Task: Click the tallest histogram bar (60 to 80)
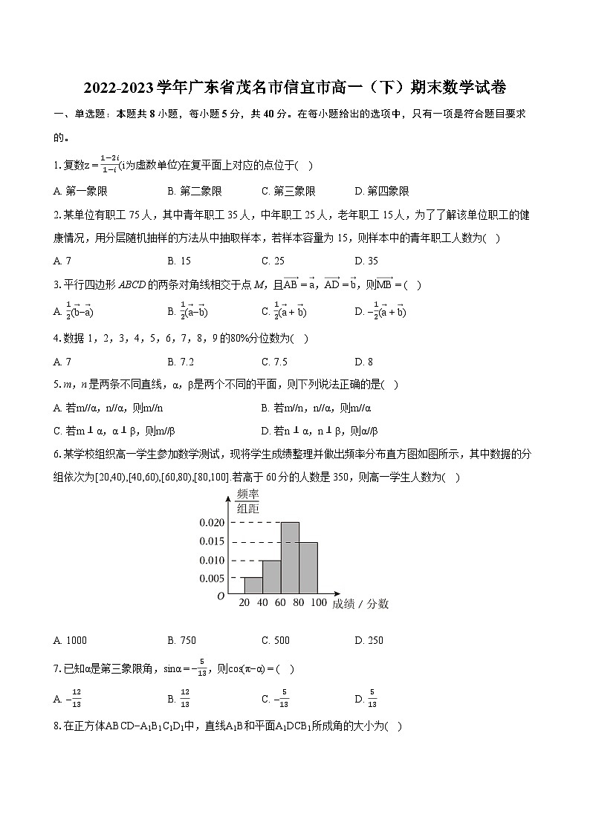coord(290,558)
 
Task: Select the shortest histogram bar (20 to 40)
coord(253,586)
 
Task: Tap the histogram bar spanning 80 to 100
coord(308,568)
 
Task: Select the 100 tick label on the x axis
coord(318,603)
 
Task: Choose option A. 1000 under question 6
coord(71,641)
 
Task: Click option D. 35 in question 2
coord(366,261)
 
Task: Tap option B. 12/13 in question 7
coord(179,699)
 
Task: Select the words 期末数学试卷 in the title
coord(462,88)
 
